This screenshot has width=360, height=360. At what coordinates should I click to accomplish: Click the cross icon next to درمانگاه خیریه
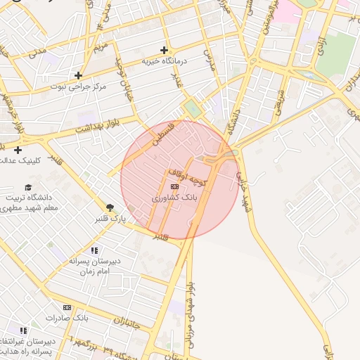click(164, 50)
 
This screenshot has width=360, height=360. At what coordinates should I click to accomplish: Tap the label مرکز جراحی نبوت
click(78, 86)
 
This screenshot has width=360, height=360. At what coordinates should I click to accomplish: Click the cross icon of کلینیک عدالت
click(18, 149)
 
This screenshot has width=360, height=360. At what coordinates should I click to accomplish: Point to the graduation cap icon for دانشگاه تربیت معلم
click(28, 187)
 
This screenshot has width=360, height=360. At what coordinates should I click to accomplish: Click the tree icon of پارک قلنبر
click(110, 207)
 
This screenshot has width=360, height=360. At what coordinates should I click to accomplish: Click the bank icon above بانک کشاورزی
click(174, 186)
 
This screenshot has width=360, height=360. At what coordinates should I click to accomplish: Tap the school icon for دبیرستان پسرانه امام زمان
click(94, 250)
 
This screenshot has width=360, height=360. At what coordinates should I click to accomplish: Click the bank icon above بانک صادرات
click(67, 307)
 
